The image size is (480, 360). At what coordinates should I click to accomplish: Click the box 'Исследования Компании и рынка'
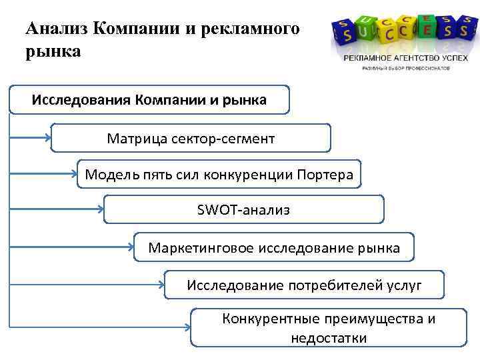coord(149,100)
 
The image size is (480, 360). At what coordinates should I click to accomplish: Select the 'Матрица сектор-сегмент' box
coord(191,138)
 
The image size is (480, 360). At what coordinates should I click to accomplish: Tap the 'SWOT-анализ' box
coord(244,210)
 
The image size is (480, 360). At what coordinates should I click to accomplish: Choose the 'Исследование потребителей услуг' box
coord(304,285)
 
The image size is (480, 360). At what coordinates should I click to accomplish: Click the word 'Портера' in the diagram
coord(330,175)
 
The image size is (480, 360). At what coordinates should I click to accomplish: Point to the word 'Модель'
coord(108,175)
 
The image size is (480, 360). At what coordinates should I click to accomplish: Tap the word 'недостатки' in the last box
coord(329,338)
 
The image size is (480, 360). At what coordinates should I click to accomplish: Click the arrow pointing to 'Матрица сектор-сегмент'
coord(31,139)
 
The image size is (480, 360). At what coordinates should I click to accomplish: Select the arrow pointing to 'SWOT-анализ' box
coord(57,210)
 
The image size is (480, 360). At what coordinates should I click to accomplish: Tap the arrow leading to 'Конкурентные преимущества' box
coord(100,327)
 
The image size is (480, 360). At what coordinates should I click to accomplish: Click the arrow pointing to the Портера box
coord(43,175)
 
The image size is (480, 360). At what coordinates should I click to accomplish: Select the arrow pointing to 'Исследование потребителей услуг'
coord(87,286)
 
